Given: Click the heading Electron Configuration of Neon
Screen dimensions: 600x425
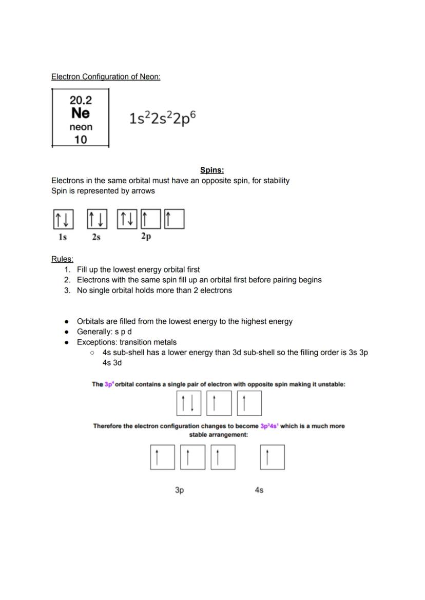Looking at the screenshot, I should [x=106, y=76].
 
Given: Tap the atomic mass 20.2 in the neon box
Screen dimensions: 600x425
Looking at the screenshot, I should [x=81, y=100].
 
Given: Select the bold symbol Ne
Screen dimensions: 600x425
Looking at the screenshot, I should [x=81, y=113].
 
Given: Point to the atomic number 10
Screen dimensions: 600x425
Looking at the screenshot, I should [x=81, y=140].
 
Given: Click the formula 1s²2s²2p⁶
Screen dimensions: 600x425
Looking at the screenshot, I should [x=162, y=118].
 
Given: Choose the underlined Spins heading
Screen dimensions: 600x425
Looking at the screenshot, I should [x=212, y=170].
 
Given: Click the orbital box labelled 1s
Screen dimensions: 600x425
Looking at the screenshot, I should [x=63, y=219].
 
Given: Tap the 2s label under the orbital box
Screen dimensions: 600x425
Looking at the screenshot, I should [x=96, y=237].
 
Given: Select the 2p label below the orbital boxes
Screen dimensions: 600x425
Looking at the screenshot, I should [x=146, y=237].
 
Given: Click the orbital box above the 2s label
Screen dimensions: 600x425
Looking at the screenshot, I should [x=96, y=219].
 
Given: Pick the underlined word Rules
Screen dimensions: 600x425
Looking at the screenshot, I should [x=62, y=259].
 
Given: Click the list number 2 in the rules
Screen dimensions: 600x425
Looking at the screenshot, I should [x=67, y=280].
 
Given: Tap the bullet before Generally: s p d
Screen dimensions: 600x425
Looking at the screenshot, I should [x=67, y=332].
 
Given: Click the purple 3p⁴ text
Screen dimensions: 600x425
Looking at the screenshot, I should [x=109, y=384].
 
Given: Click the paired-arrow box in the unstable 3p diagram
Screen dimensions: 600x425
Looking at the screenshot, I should [x=188, y=403].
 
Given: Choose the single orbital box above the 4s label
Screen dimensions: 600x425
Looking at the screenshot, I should [x=272, y=457].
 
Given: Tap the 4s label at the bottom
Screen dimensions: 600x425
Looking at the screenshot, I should [x=259, y=490].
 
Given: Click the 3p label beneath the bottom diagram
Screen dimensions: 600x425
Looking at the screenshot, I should [x=179, y=490].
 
